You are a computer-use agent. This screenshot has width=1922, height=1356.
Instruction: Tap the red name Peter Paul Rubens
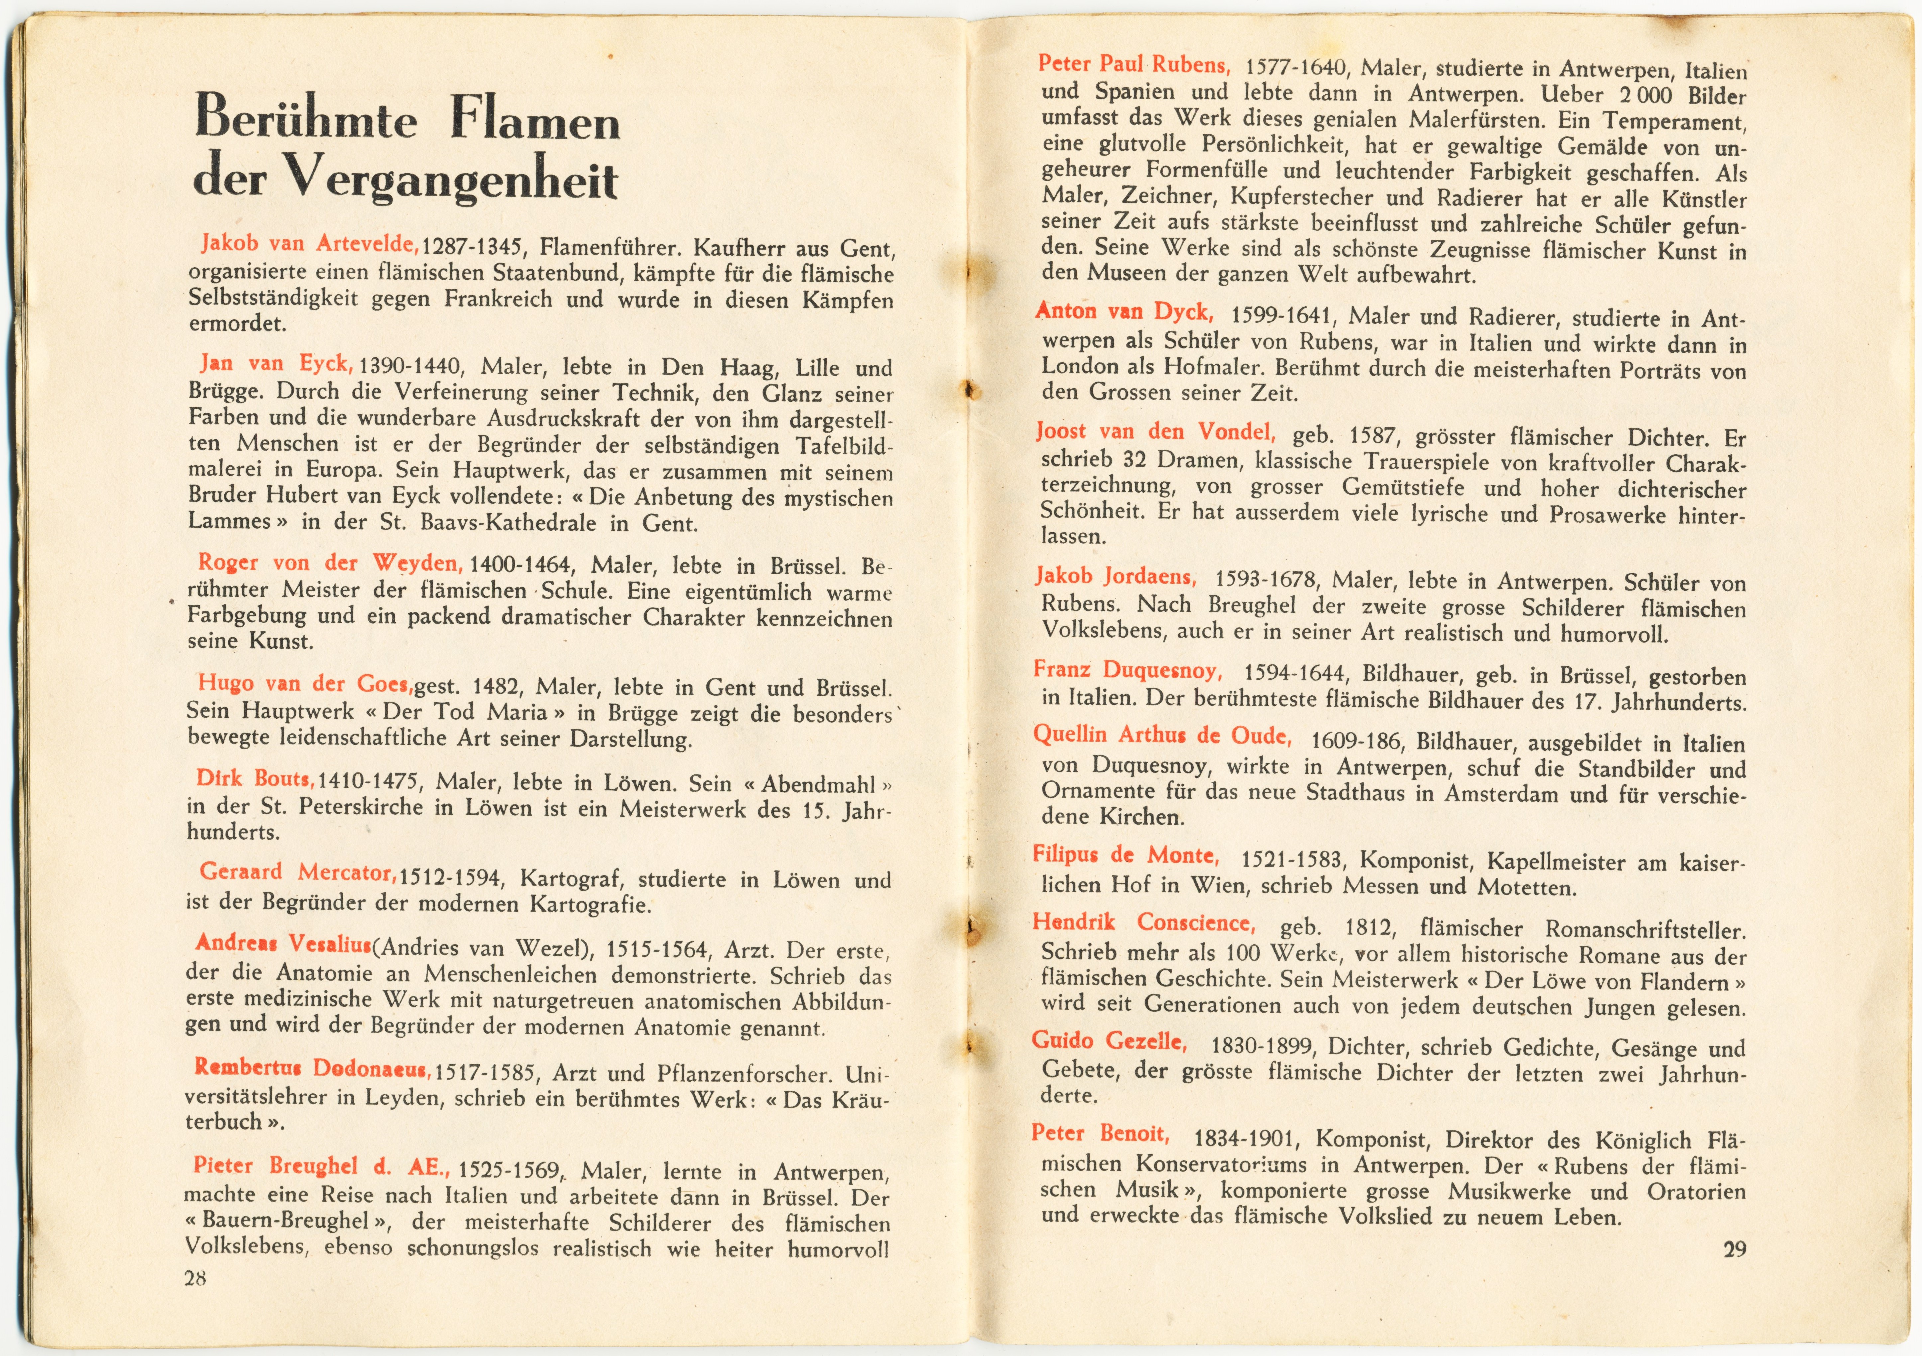click(1133, 64)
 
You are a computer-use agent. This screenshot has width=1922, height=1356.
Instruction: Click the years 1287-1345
click(473, 248)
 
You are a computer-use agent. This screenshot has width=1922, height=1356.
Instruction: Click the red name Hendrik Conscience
click(1143, 923)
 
